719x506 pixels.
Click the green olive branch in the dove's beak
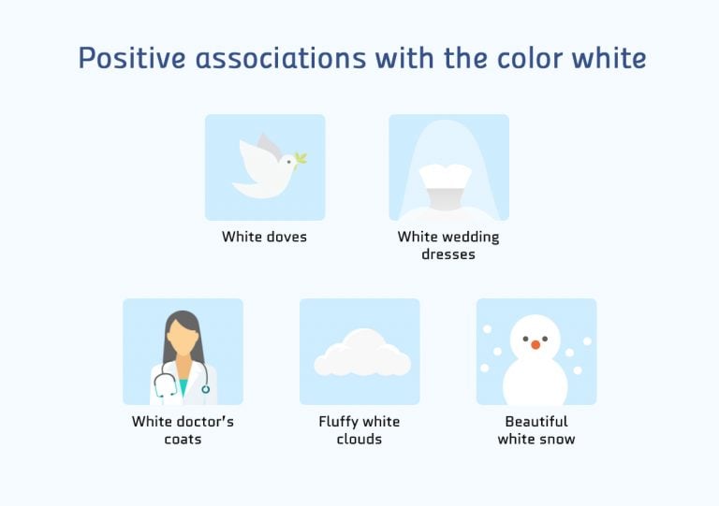[301, 158]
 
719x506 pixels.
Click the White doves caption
[264, 237]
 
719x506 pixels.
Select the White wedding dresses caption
[448, 245]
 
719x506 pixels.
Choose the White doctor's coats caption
[183, 429]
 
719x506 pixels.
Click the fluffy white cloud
[361, 354]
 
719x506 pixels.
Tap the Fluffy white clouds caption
[359, 429]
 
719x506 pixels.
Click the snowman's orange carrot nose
[536, 344]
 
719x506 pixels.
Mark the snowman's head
[535, 336]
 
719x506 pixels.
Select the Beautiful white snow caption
[536, 429]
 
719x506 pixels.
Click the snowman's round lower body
[536, 382]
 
